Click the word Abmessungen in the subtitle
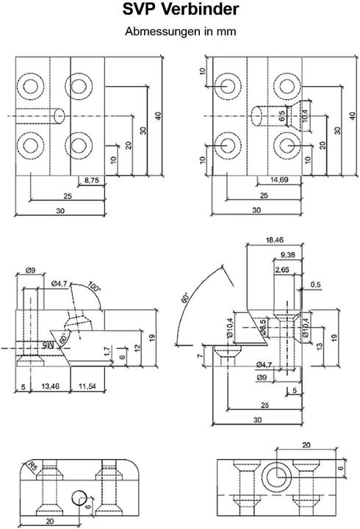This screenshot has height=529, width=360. pyautogui.click(x=156, y=32)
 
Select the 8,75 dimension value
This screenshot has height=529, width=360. pyautogui.click(x=93, y=180)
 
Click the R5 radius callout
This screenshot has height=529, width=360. pyautogui.click(x=30, y=466)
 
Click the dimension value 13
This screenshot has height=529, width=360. pyautogui.click(x=318, y=346)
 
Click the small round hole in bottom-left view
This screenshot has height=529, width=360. pyautogui.click(x=78, y=499)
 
